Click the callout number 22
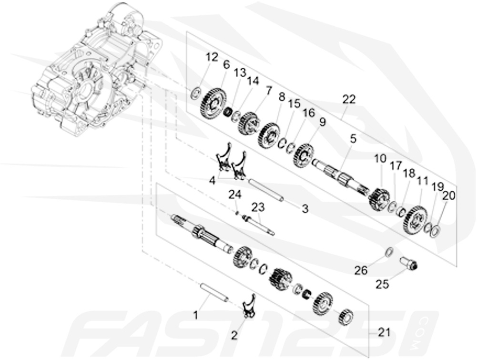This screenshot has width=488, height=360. pyautogui.click(x=348, y=99)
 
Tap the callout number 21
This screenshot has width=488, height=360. pyautogui.click(x=384, y=332)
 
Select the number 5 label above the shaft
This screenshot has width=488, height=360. pyautogui.click(x=353, y=139)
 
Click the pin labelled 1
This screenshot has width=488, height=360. pyautogui.click(x=213, y=292)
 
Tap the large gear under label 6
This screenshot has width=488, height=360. pyautogui.click(x=213, y=102)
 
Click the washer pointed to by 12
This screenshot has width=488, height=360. pyautogui.click(x=195, y=93)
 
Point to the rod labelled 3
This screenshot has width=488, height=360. pyautogui.click(x=265, y=190)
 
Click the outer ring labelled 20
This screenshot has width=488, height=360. pyautogui.click(x=435, y=231)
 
